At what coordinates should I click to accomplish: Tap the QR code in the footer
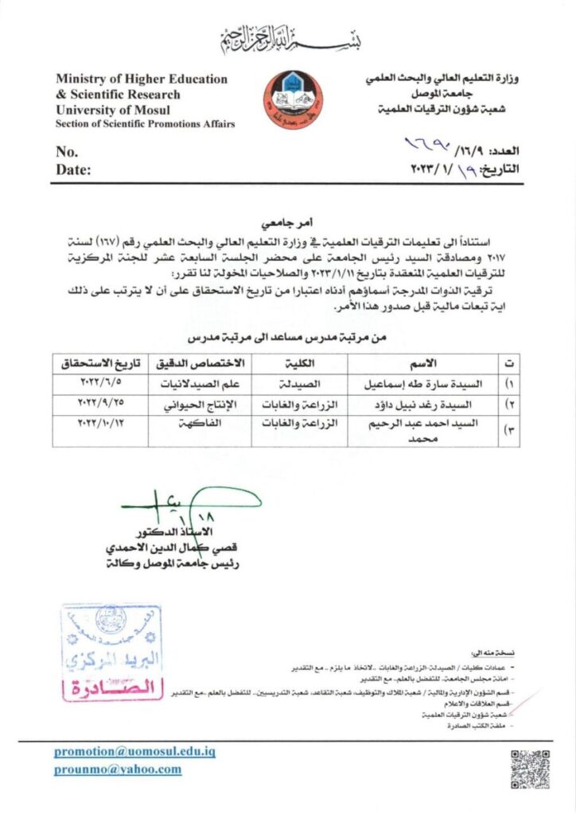tap(530, 769)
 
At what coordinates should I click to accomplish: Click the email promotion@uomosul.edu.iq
tap(134, 751)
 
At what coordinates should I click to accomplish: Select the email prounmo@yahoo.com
tap(118, 769)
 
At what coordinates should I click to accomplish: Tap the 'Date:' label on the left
tap(73, 169)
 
